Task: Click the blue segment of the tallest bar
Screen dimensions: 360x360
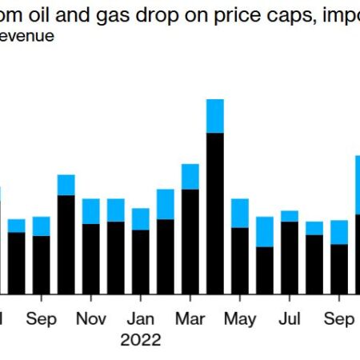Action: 214,116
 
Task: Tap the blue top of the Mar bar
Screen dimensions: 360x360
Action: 190,177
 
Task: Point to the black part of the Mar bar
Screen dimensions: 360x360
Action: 190,240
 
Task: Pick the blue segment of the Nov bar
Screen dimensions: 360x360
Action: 91,211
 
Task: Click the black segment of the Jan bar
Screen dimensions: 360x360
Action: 141,261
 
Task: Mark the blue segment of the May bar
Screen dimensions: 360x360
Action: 239,213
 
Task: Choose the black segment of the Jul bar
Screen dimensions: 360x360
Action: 289,256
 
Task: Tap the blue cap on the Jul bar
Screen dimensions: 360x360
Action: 289,216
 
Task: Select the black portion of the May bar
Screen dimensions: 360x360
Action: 239,260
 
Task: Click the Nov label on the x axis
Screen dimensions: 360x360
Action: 91,318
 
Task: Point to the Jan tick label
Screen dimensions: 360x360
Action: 141,318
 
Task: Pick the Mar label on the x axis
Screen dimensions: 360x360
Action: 190,318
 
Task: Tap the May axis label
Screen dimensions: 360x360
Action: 240,318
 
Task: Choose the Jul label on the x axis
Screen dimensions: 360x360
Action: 289,318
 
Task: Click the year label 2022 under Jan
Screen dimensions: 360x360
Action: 141,339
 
